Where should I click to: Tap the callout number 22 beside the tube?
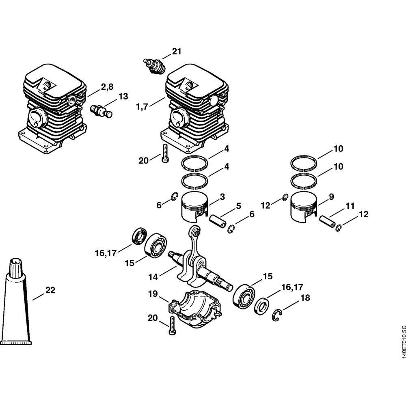[x=50, y=290]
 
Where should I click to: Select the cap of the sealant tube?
[x=15, y=268]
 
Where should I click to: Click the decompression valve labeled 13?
[x=101, y=111]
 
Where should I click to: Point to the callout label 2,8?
[x=107, y=86]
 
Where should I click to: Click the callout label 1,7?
[x=142, y=107]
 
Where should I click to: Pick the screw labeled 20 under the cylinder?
[x=165, y=153]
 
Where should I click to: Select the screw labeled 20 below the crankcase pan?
[x=172, y=326]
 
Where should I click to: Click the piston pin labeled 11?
[x=327, y=221]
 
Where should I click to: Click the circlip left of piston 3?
[x=173, y=197]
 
